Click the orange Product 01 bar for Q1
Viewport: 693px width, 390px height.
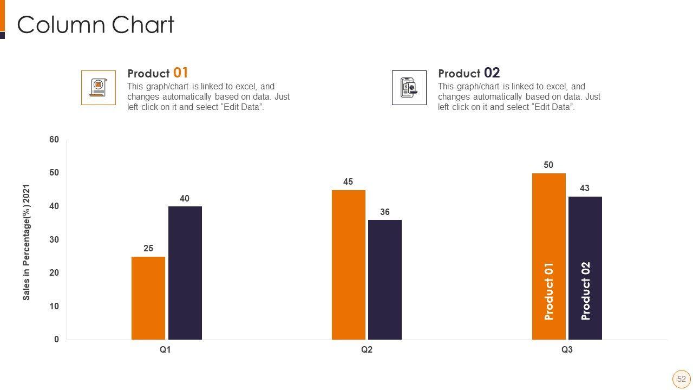tap(148, 298)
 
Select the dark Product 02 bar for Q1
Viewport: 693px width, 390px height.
tap(185, 273)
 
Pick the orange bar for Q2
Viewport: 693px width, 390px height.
tap(348, 265)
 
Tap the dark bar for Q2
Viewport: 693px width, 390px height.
tap(384, 279)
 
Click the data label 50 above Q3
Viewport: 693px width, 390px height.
tap(548, 165)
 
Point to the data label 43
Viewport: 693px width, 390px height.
tap(585, 188)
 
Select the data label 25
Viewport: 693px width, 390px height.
tap(148, 249)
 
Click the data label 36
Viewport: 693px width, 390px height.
tap(385, 212)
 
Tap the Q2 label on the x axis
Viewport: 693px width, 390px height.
tap(367, 350)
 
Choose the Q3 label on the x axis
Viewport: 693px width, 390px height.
tap(567, 350)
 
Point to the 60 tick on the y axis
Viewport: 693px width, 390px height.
tap(54, 140)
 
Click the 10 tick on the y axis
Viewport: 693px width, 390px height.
tap(54, 307)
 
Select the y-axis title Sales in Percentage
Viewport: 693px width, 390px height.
tap(27, 242)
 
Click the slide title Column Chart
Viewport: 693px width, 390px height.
tap(96, 25)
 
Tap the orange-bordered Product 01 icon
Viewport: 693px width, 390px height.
tap(99, 87)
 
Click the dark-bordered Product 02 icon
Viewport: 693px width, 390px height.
tap(409, 87)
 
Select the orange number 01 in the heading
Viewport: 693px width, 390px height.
tap(181, 73)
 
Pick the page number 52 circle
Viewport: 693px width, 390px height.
tap(681, 379)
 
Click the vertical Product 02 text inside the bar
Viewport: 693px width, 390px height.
tap(585, 291)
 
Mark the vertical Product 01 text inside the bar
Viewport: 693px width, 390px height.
tap(549, 291)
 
